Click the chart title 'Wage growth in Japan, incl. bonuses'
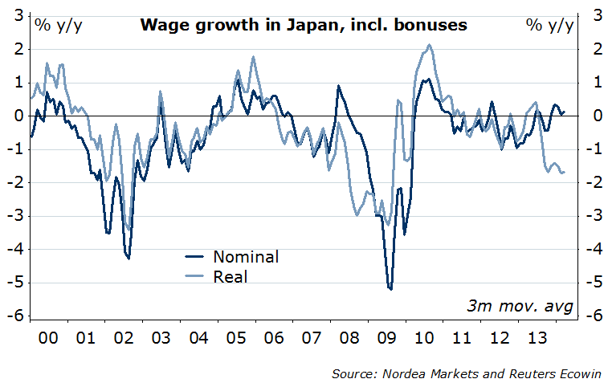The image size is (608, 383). click(304, 24)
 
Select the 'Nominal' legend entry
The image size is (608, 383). click(246, 257)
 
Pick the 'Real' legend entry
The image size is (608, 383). click(231, 277)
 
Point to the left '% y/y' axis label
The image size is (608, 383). click(58, 24)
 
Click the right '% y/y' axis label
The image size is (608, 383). click(550, 24)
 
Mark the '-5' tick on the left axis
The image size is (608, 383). click(15, 283)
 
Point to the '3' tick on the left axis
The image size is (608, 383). click(17, 14)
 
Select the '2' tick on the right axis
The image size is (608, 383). click(597, 48)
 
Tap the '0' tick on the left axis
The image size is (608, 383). click(17, 116)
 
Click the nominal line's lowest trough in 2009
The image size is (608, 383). click(390, 289)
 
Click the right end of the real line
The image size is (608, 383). click(564, 172)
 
